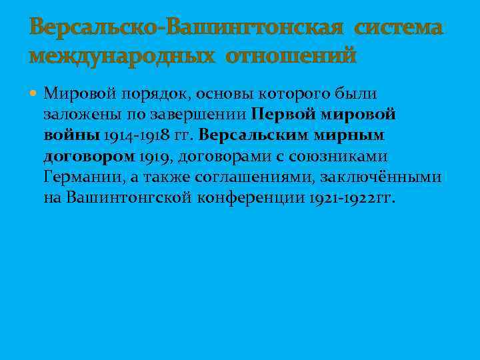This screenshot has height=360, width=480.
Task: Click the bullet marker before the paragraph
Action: [x=35, y=95]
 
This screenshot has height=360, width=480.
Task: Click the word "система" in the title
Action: [x=398, y=28]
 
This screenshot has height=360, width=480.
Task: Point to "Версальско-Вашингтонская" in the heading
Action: [x=187, y=28]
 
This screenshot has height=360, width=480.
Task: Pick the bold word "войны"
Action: [x=72, y=135]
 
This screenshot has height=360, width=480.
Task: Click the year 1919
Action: [x=155, y=156]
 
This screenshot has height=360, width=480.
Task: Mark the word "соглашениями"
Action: [x=256, y=177]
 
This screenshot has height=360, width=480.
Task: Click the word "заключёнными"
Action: [x=381, y=177]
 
